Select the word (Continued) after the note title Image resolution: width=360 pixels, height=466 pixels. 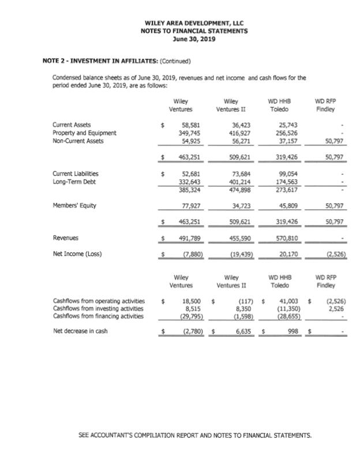click(174, 61)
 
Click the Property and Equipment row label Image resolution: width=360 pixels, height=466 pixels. click(84, 133)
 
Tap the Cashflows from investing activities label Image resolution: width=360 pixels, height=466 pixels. click(99, 309)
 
